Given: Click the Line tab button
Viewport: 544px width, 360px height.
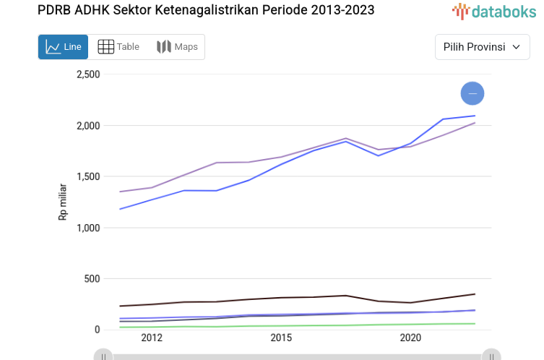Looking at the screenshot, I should tap(63, 47).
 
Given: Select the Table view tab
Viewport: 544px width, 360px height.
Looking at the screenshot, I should tap(118, 47).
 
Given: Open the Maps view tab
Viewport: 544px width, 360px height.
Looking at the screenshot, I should tap(177, 47).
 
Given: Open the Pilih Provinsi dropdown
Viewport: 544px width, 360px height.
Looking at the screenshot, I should tap(482, 47).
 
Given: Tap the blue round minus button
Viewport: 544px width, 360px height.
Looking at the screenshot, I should tap(472, 93).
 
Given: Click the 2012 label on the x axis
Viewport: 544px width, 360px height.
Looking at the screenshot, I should tap(152, 338).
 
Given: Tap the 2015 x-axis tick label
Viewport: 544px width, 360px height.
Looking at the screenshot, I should tap(281, 338).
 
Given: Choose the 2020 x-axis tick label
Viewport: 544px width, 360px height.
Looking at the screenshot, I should tap(410, 338).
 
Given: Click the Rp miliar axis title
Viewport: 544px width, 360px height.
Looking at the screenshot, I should tap(63, 202).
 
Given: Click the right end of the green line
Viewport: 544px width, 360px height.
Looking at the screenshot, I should tap(474, 324).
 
